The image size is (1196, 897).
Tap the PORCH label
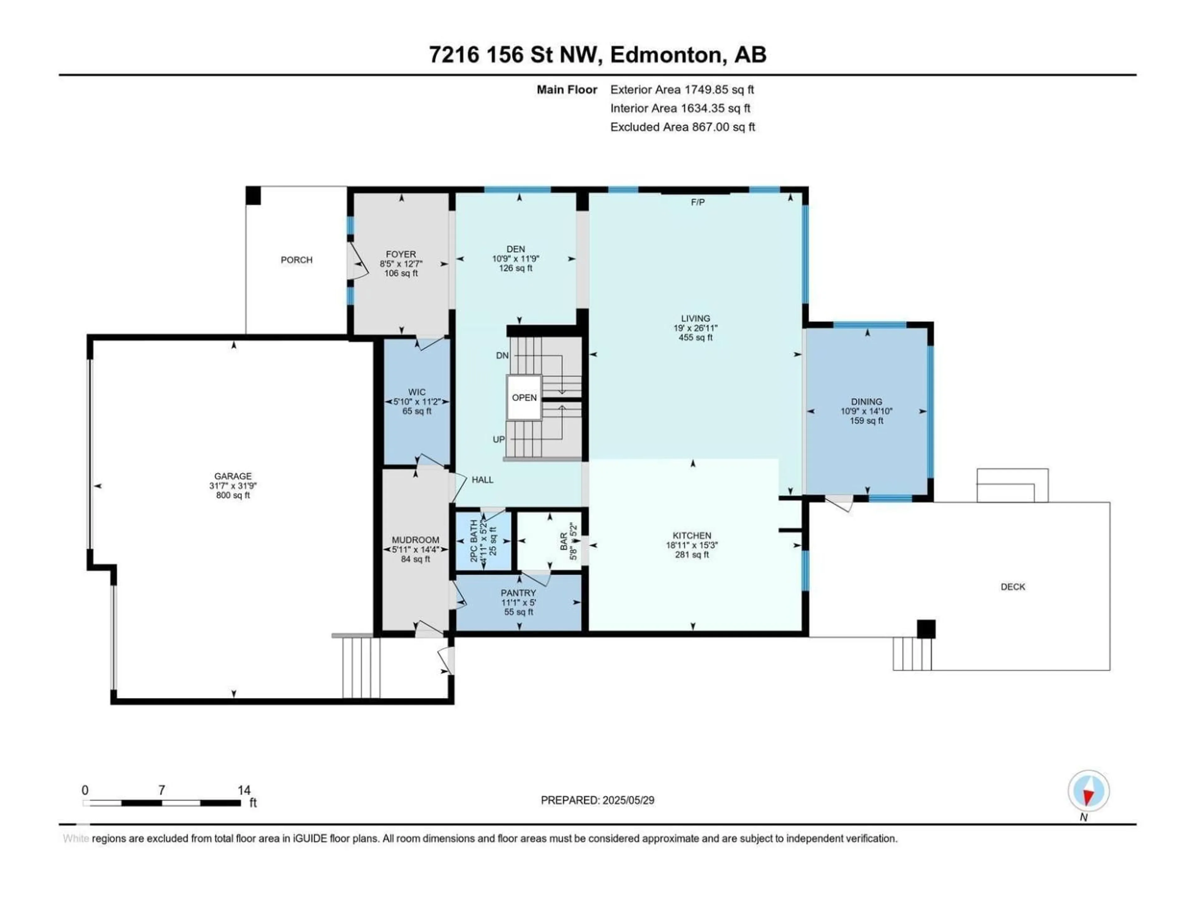coord(296,260)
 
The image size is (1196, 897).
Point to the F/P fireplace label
coord(697,202)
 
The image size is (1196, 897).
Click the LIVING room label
coord(695,318)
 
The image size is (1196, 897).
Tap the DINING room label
coord(866,402)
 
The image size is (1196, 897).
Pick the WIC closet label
coord(417,392)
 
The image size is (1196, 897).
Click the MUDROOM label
coord(415,540)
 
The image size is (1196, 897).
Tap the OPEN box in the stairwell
coord(524,397)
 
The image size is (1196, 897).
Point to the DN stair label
coord(502,355)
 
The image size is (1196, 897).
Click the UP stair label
coord(499,439)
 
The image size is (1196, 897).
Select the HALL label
coord(482,480)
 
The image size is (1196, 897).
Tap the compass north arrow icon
coord(1089,791)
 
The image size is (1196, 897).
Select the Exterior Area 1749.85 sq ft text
coord(682,90)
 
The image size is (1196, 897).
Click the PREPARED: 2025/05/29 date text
coord(597,800)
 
